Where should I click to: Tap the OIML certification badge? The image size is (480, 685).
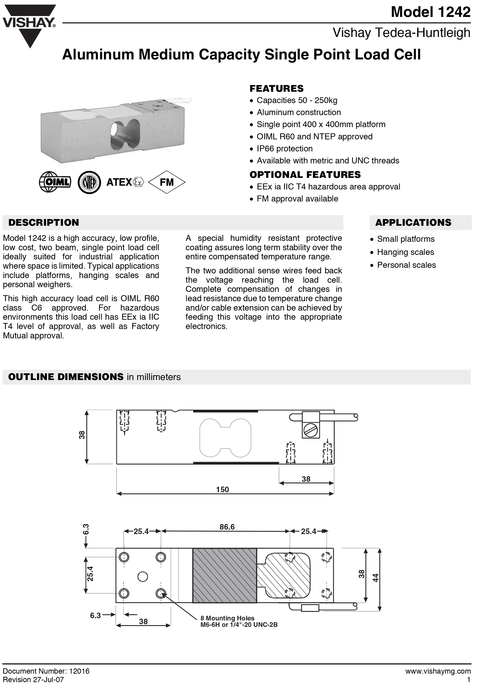click(55, 182)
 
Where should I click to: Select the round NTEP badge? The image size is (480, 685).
click(89, 182)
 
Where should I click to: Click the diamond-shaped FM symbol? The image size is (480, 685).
click(167, 182)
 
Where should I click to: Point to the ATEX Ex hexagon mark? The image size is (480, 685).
click(138, 182)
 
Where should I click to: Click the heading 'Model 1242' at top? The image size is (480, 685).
click(431, 12)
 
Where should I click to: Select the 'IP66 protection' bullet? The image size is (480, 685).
click(284, 148)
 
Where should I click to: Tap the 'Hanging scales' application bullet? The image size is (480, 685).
click(405, 252)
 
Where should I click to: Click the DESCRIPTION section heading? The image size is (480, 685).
click(44, 223)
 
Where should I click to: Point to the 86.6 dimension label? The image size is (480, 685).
click(227, 527)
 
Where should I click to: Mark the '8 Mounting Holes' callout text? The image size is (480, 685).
click(227, 618)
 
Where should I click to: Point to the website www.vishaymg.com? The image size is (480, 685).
click(438, 671)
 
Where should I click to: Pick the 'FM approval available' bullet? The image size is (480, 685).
click(297, 199)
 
